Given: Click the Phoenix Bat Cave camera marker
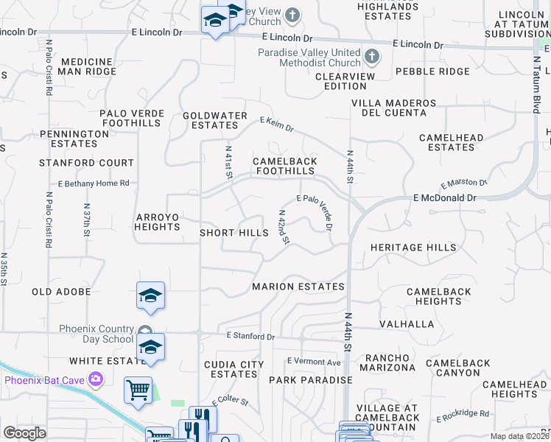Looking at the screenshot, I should [x=96, y=379].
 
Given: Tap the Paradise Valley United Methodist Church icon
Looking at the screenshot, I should [x=372, y=56].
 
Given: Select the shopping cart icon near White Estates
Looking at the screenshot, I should [x=138, y=389].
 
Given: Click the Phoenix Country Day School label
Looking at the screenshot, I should [x=96, y=334].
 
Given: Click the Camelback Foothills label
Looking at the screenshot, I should [x=285, y=166].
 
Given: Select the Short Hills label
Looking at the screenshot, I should [x=234, y=233].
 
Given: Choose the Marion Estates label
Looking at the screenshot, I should [x=298, y=287].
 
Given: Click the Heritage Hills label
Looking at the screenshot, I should [x=413, y=248].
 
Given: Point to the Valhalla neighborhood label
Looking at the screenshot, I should [x=407, y=324].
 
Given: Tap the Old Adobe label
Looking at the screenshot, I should [x=61, y=292].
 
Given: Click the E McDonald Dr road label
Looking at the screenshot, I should [x=445, y=198].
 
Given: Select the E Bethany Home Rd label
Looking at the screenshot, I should [x=94, y=183].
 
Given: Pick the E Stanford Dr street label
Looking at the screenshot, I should [x=250, y=336].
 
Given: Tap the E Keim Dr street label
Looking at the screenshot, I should [x=276, y=124].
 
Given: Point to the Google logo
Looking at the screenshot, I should [x=24, y=432].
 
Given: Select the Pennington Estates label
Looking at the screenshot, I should [x=74, y=138].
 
